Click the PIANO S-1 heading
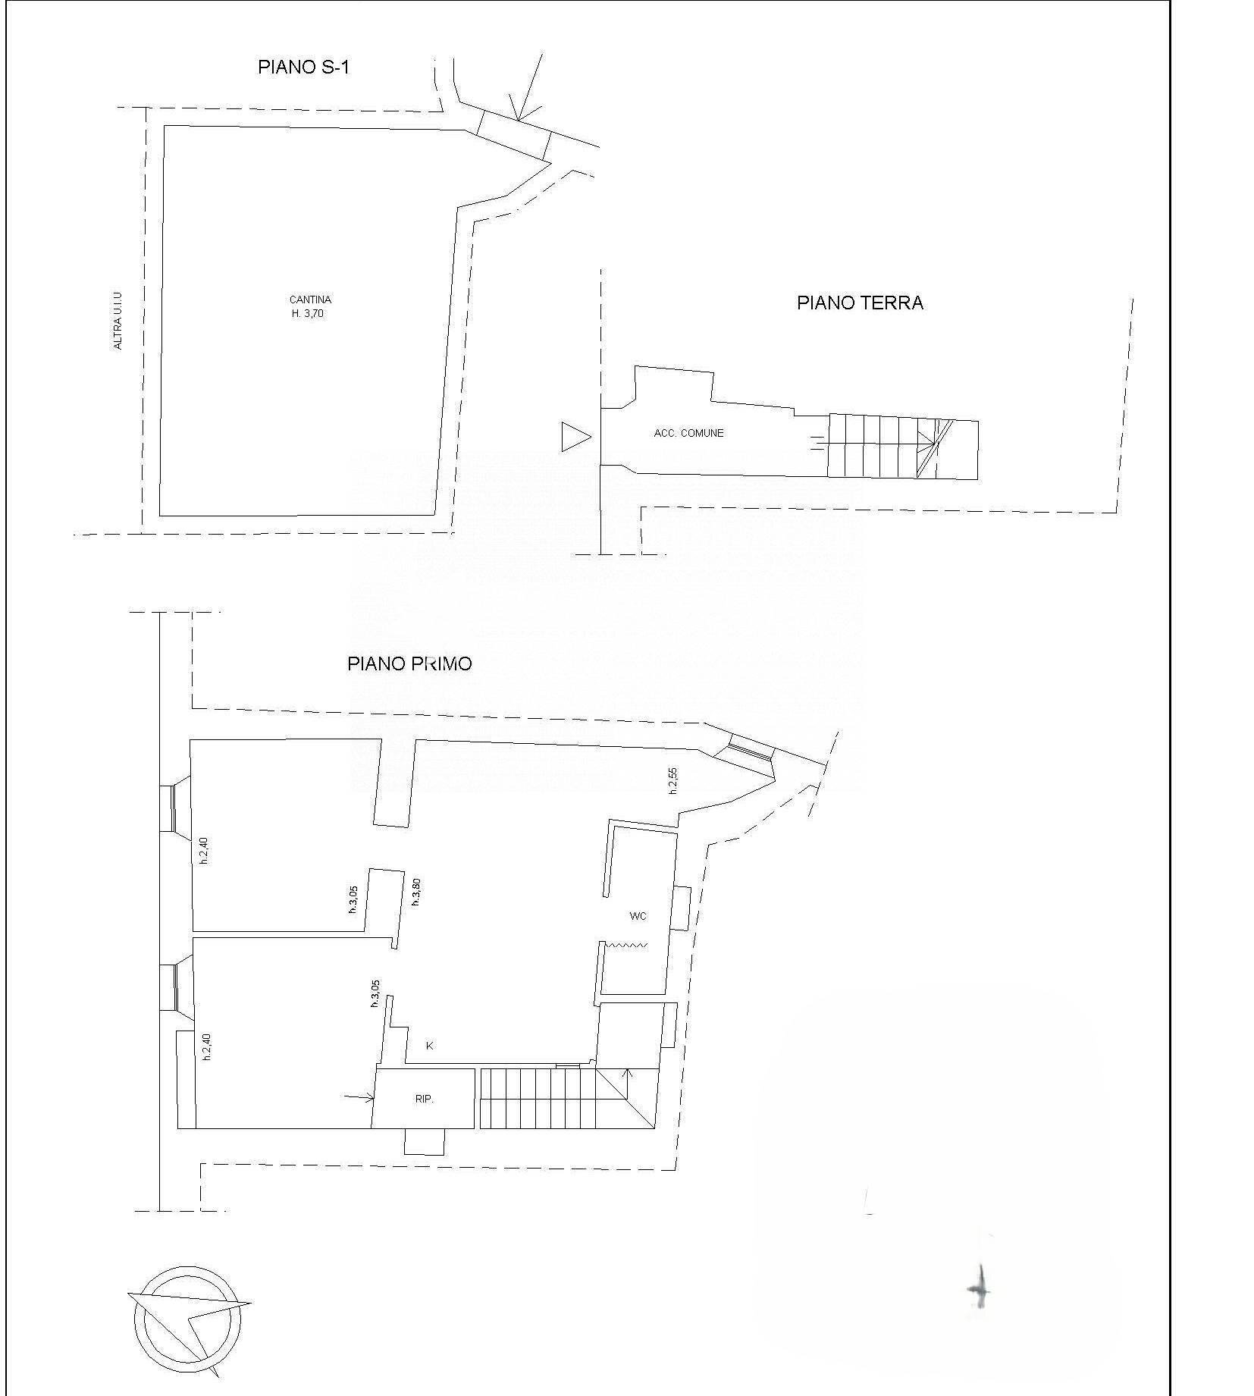[x=303, y=67]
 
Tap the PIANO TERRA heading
[x=859, y=303]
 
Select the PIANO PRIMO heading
[x=409, y=663]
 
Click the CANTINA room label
[x=310, y=300]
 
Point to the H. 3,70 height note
[x=308, y=313]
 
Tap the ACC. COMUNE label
[x=688, y=433]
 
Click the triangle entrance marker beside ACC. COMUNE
[x=575, y=438]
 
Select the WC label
[x=638, y=916]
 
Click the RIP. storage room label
[x=425, y=1099]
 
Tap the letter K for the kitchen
[x=429, y=1046]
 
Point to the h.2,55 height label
[x=672, y=781]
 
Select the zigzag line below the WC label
[x=625, y=946]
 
